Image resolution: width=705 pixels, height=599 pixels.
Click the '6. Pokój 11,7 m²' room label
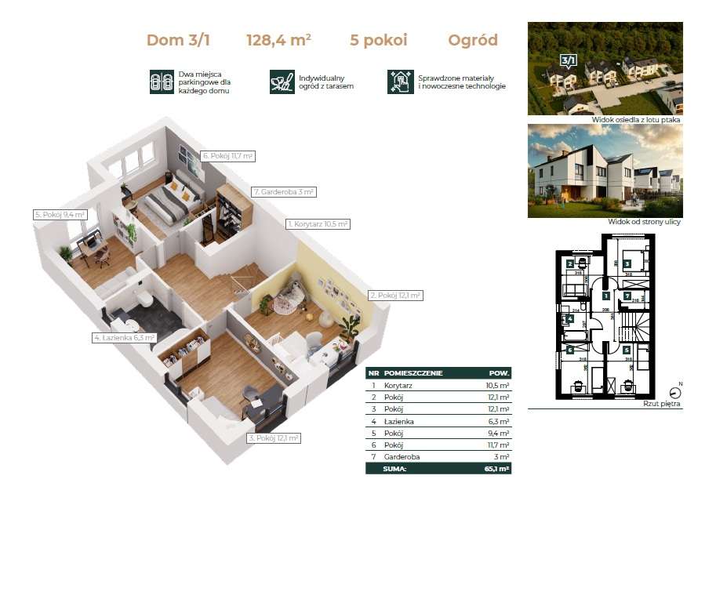tap(227, 156)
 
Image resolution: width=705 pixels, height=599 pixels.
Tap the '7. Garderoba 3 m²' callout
tap(284, 191)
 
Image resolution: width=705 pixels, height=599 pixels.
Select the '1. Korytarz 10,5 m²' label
tap(318, 224)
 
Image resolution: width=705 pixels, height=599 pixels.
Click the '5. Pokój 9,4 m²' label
tap(59, 214)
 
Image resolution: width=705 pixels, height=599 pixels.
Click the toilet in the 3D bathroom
tap(144, 299)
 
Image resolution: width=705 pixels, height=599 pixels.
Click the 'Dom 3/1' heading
tap(178, 41)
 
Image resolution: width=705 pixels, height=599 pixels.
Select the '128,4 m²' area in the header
tap(278, 41)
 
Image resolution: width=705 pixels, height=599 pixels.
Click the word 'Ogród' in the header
tap(472, 41)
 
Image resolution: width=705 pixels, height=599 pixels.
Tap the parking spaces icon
tap(161, 82)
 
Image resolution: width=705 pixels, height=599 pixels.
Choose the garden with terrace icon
tap(281, 82)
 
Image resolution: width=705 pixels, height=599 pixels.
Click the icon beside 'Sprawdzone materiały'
tap(400, 82)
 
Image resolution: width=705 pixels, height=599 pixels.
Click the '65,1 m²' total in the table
tap(496, 469)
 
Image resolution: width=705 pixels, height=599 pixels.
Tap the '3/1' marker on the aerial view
tap(566, 60)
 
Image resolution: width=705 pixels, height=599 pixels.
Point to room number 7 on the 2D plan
tap(627, 296)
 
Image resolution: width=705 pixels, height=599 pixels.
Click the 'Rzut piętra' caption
tap(662, 405)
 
